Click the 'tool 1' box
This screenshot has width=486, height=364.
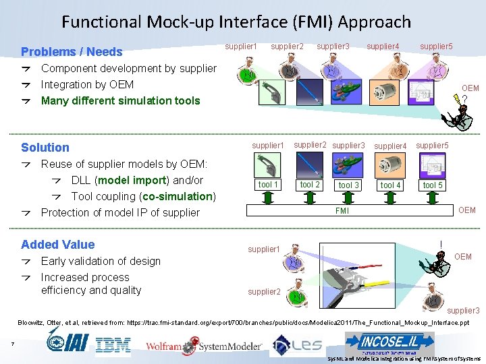click(x=268, y=185)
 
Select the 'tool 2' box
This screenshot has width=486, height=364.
click(x=310, y=185)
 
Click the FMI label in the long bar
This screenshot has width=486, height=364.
click(x=342, y=211)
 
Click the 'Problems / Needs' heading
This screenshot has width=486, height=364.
click(x=72, y=52)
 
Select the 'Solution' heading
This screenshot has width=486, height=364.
click(x=45, y=148)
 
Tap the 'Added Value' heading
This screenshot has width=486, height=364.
click(x=58, y=245)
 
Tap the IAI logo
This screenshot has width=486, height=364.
click(x=68, y=341)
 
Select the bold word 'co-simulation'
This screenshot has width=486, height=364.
click(x=179, y=196)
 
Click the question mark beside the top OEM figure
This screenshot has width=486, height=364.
click(x=465, y=100)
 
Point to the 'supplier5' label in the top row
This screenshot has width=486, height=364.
click(x=436, y=47)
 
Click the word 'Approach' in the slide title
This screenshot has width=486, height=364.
click(x=375, y=22)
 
